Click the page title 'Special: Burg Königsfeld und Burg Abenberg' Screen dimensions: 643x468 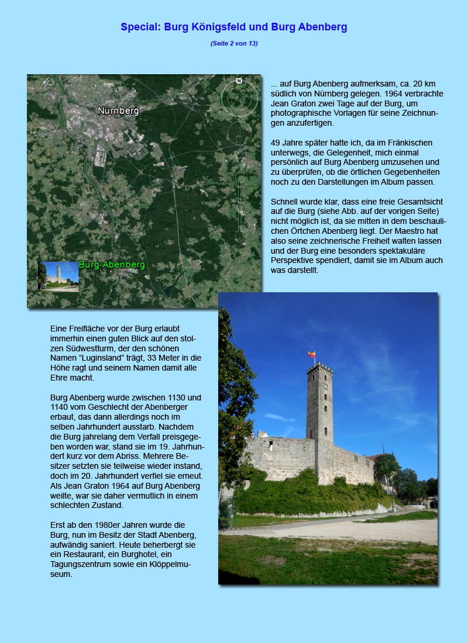click(x=234, y=27)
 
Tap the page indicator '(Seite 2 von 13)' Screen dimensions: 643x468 click(x=234, y=43)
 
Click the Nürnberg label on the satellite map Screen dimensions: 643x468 click(x=118, y=110)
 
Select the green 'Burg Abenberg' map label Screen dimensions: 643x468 click(x=111, y=265)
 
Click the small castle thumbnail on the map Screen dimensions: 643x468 click(x=58, y=276)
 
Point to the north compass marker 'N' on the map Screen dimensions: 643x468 click(x=239, y=81)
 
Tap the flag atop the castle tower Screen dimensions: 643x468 click(x=312, y=355)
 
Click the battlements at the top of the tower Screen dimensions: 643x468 click(x=319, y=368)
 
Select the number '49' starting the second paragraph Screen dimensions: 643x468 click(x=276, y=143)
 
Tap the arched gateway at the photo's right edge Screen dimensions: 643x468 click(x=433, y=503)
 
